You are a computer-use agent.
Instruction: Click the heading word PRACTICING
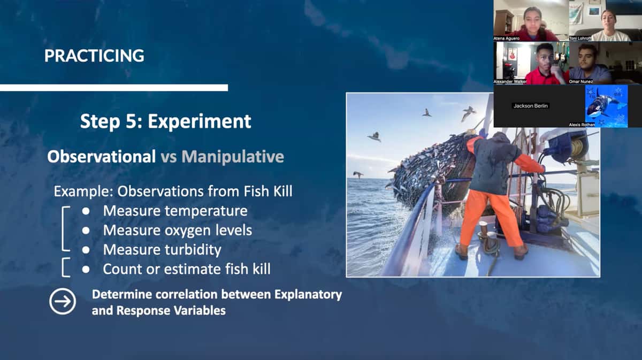pos(94,56)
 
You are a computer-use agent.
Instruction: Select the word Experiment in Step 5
pos(200,121)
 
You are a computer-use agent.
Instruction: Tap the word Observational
pos(102,157)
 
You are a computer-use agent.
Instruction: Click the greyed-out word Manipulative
pos(233,157)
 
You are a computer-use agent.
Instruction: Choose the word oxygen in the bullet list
pos(187,231)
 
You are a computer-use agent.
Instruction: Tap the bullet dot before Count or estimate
pos(86,270)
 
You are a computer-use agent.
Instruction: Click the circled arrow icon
pos(63,302)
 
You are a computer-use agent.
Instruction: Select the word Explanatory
pos(308,295)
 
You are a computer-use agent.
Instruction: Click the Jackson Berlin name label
pos(531,106)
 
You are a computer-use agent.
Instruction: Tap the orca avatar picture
pos(606,106)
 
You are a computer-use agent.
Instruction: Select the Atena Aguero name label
pos(507,39)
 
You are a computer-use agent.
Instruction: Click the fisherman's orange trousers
pos(491,218)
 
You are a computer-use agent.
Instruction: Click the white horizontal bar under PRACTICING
pos(114,88)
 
